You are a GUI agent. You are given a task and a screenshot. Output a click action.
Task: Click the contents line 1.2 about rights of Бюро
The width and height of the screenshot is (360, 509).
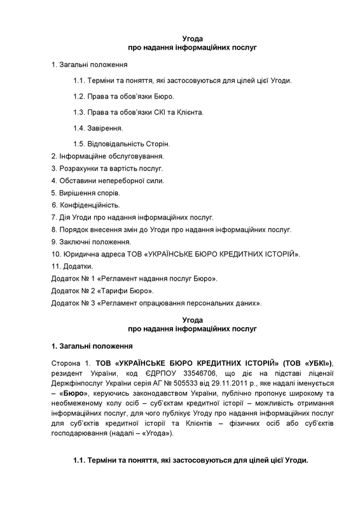tap(123, 96)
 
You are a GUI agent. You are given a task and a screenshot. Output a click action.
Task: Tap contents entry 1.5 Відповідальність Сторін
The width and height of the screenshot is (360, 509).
tap(121, 143)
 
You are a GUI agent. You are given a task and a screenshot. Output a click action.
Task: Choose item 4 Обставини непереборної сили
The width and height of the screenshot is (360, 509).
tap(99, 181)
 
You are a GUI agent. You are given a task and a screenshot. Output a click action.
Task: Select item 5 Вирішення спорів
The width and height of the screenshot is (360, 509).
tap(85, 193)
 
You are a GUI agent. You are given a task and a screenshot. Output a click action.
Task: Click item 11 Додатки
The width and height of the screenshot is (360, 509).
tap(71, 266)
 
